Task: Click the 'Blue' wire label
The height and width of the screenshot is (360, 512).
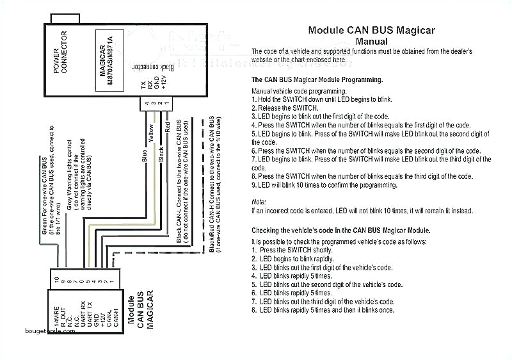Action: coord(146,158)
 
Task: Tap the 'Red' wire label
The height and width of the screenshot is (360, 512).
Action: coord(168,127)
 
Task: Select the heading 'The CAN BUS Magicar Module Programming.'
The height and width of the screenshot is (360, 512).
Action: coord(317,79)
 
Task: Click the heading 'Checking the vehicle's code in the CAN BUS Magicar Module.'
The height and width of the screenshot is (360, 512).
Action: coord(340,229)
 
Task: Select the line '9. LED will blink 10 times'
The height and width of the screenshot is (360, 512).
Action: coord(324,186)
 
